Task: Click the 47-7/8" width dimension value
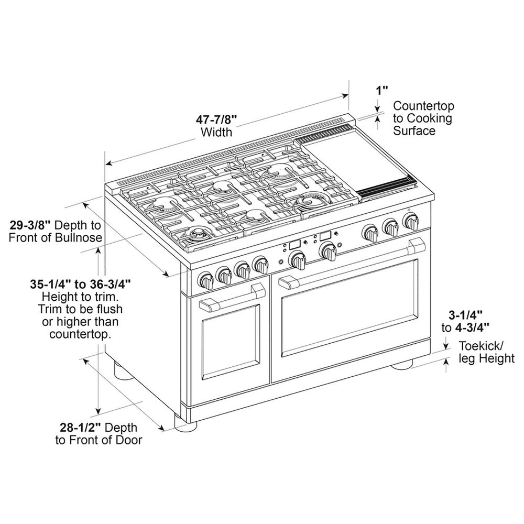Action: pos(217,119)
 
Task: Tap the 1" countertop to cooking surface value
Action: pos(381,90)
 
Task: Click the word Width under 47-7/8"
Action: pos(216,132)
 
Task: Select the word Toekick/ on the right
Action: pos(482,346)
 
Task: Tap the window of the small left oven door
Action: pos(231,344)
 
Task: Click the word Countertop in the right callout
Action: pos(423,105)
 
